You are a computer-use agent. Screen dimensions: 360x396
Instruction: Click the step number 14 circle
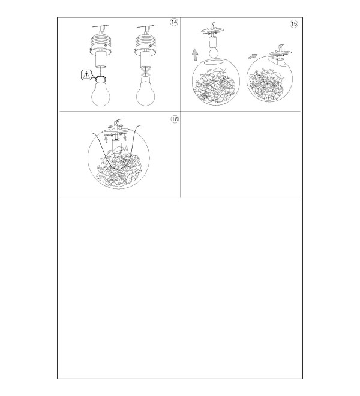coord(174,22)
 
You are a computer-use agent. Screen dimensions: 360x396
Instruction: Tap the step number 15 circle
coord(293,24)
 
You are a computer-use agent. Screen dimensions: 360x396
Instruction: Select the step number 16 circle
coord(175,119)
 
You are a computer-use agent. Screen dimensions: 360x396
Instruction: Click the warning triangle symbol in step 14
coord(86,75)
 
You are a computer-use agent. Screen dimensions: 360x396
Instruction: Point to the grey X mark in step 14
coord(146,71)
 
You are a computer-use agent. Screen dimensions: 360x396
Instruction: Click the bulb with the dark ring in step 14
coord(101,91)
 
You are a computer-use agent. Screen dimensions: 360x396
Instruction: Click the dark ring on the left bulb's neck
coord(101,77)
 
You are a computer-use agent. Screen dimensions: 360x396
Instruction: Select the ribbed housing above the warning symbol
coord(101,43)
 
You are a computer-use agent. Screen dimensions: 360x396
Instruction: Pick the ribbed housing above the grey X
coord(146,44)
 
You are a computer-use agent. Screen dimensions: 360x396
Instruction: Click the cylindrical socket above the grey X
coord(146,59)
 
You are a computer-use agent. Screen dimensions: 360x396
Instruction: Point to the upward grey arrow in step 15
coord(195,55)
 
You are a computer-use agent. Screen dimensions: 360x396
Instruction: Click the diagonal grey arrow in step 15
coord(253,56)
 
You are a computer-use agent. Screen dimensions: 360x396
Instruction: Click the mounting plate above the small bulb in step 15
coord(213,31)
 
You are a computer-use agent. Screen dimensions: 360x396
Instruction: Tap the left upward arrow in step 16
coord(106,139)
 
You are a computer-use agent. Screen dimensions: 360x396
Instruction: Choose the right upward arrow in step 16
coord(125,137)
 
